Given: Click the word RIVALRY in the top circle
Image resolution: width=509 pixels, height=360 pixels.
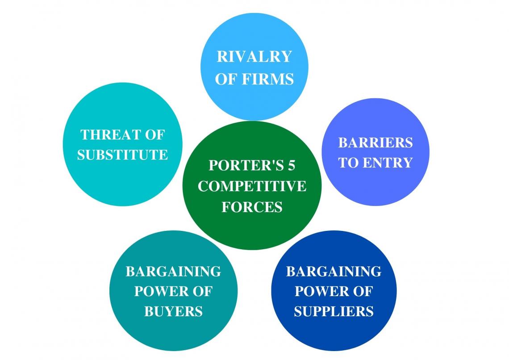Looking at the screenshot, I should pyautogui.click(x=254, y=57).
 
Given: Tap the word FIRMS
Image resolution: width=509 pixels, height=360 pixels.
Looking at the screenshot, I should pyautogui.click(x=268, y=79).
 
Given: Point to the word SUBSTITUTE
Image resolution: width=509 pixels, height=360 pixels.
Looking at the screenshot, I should pyautogui.click(x=122, y=155).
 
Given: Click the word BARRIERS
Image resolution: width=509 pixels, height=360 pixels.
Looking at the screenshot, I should pyautogui.click(x=375, y=142).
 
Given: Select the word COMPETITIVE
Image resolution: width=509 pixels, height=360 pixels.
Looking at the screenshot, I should pyautogui.click(x=252, y=186).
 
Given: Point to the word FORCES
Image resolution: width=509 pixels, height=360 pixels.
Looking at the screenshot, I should pyautogui.click(x=252, y=207).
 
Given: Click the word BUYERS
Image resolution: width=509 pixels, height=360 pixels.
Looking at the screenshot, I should pyautogui.click(x=173, y=311).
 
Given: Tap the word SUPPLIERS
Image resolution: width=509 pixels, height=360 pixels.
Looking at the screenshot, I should pyautogui.click(x=334, y=311).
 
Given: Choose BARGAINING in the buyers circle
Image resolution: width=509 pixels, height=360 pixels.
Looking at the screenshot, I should pyautogui.click(x=173, y=271).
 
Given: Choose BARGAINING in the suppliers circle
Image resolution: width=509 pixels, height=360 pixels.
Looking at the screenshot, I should pyautogui.click(x=334, y=271).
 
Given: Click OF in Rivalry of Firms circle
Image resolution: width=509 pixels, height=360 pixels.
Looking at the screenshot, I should pyautogui.click(x=226, y=79).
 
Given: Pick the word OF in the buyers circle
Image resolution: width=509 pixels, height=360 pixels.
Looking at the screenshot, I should pyautogui.click(x=201, y=291).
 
